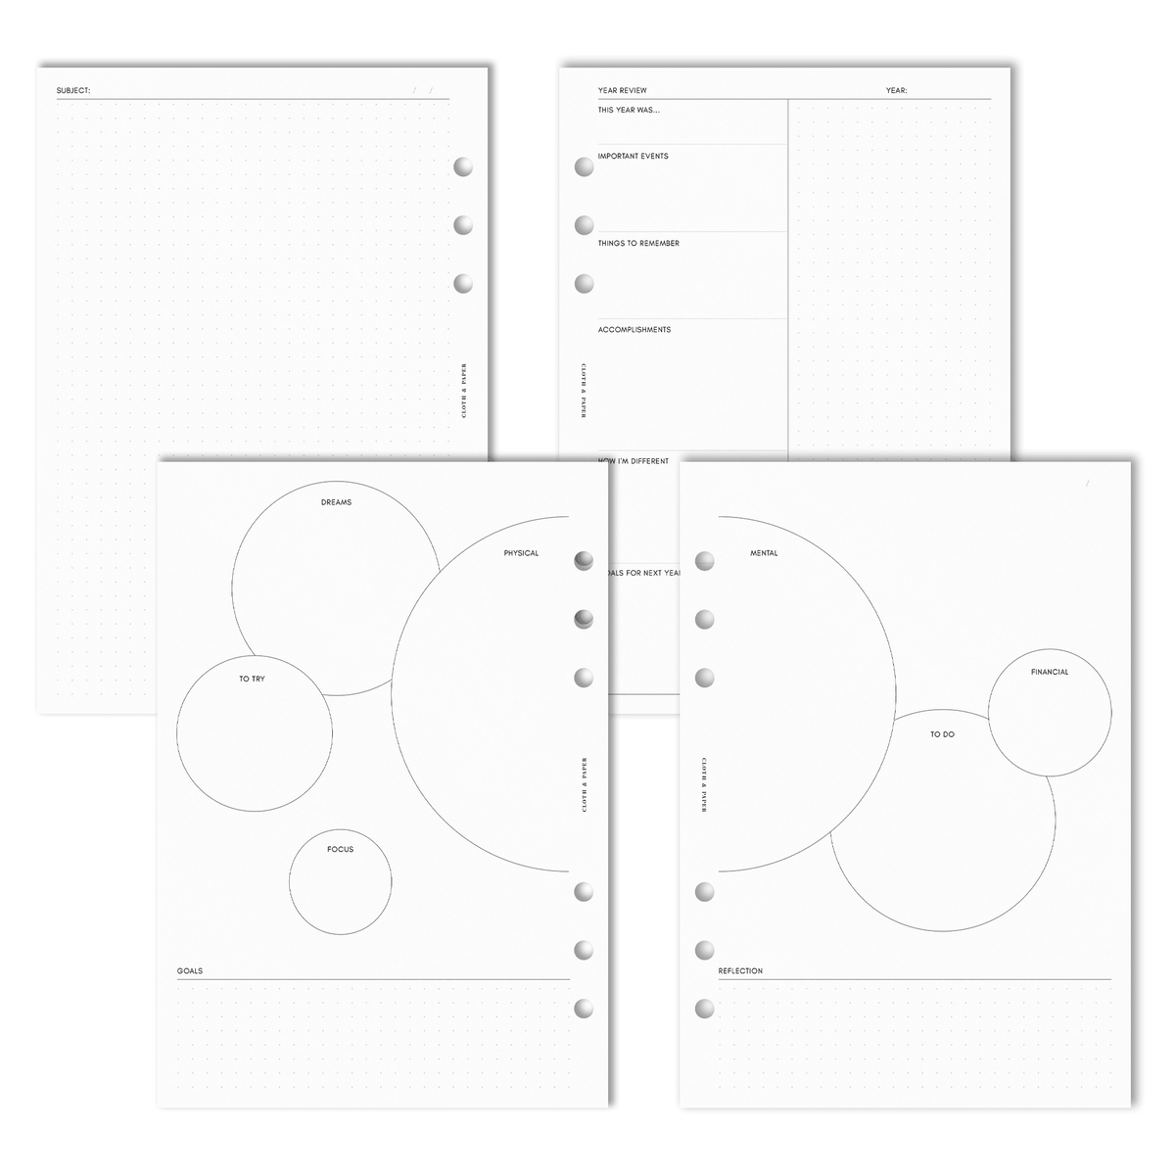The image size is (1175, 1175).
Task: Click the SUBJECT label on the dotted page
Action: pos(73,91)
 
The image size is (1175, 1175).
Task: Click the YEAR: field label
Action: pos(896,90)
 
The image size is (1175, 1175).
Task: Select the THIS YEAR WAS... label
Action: pos(629,110)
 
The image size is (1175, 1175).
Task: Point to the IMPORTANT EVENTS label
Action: pos(633,156)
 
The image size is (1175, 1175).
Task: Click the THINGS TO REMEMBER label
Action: pos(638,243)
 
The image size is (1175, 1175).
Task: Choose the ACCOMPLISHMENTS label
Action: pos(634,330)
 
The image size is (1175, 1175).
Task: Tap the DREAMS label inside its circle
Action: pos(336,502)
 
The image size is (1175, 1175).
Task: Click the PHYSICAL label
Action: pos(521,553)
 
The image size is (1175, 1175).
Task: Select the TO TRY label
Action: pos(252,678)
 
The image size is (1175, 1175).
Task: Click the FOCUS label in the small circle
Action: pos(340,849)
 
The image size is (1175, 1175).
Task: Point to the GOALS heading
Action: pos(191,971)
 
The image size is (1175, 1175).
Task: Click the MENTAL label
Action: pos(764,553)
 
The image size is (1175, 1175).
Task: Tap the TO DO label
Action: pos(942,733)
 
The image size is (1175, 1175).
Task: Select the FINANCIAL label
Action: pos(1049,672)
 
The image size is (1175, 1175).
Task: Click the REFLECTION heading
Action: pos(740,971)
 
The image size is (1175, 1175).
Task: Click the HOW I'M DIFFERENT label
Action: pos(633,460)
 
